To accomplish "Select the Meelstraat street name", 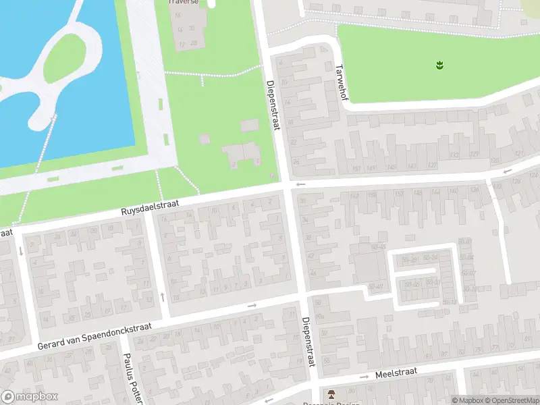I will (x=397, y=372).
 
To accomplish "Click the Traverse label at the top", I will (x=184, y=2).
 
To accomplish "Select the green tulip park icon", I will (x=439, y=65).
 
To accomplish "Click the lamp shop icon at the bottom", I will (x=331, y=394).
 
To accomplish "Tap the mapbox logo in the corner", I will (x=29, y=397).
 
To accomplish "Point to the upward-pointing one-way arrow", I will (x=163, y=296).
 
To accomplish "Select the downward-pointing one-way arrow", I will (x=21, y=252).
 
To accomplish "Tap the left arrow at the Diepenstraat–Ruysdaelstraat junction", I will (x=301, y=184).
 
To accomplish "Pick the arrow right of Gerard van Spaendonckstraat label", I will (x=252, y=306).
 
